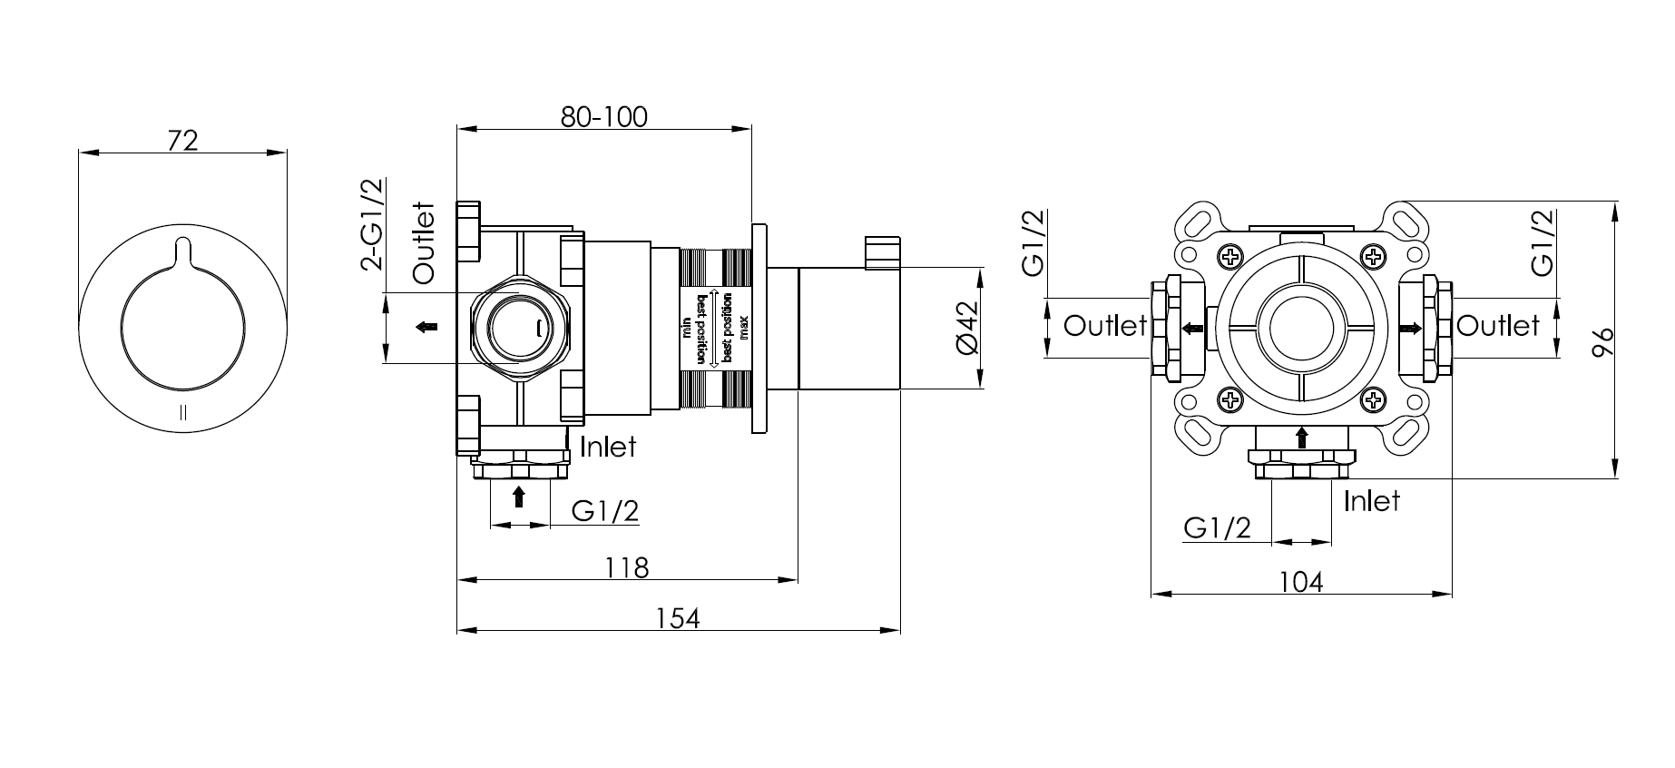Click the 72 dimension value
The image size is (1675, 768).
pyautogui.click(x=183, y=141)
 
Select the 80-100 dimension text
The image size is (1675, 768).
pyautogui.click(x=603, y=117)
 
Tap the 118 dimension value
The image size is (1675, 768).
pyautogui.click(x=627, y=567)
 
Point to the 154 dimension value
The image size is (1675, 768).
pyautogui.click(x=678, y=618)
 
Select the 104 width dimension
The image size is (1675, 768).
pyautogui.click(x=1301, y=582)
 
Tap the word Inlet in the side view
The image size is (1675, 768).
pyautogui.click(x=608, y=447)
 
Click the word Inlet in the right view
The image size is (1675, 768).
pyautogui.click(x=1371, y=500)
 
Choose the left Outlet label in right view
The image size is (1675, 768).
pyautogui.click(x=1104, y=325)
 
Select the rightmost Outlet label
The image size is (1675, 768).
pyautogui.click(x=1498, y=325)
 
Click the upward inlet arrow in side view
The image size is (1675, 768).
pyautogui.click(x=519, y=496)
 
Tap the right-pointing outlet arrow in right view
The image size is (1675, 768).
pyautogui.click(x=1411, y=328)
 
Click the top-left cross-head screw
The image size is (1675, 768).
pyautogui.click(x=1230, y=257)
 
